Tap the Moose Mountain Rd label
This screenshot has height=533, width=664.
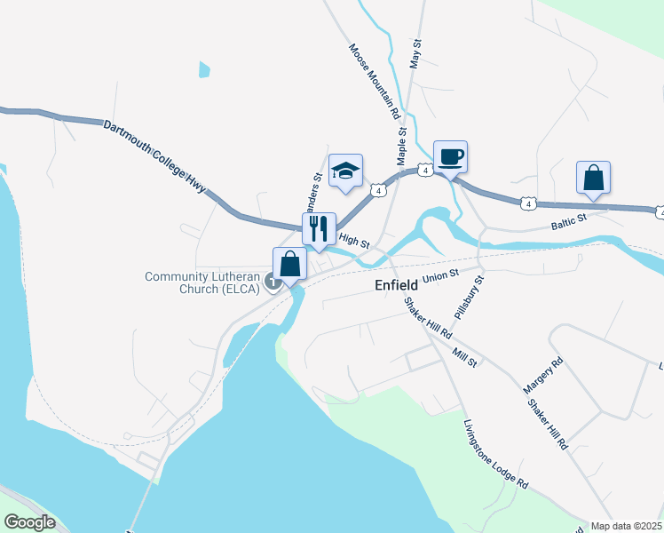375,82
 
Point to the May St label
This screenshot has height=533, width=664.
414,54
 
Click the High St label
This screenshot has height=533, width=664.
354,241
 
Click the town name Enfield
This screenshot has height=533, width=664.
391,287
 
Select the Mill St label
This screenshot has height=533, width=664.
465,358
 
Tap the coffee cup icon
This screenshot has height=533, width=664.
450,157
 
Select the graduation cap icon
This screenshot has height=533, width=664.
345,171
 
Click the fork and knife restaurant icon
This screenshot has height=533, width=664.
319,228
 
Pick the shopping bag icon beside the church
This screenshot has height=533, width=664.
290,263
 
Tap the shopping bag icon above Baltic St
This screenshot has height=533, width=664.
593,178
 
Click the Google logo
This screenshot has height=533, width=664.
30,522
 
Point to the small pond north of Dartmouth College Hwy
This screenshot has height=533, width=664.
205,68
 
